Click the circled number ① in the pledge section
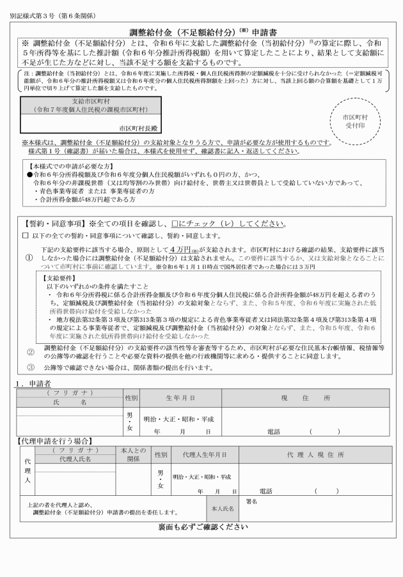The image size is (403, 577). pyautogui.click(x=29, y=257)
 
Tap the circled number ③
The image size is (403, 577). pyautogui.click(x=30, y=367)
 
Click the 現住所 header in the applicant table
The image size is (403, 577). pyautogui.click(x=305, y=398)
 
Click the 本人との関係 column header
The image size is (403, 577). pyautogui.click(x=132, y=454)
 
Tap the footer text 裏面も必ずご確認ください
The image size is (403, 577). pyautogui.click(x=202, y=527)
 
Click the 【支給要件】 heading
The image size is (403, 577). pyautogui.click(x=58, y=279)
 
